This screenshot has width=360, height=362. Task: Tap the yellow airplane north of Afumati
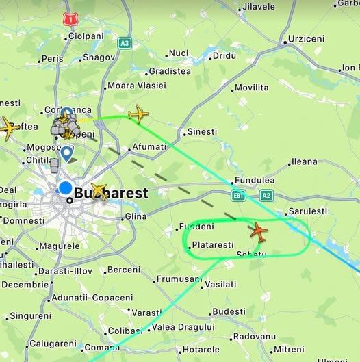tap(138, 114)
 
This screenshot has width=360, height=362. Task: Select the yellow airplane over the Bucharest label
tap(99, 192)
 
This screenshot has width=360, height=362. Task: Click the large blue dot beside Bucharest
tap(66, 188)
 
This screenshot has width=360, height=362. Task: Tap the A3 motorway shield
tap(124, 43)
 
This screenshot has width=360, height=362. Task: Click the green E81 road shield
tap(238, 196)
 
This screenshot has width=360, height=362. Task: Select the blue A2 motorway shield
tap(266, 196)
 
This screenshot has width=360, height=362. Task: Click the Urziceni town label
tap(306, 39)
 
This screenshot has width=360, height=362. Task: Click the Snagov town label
tap(99, 57)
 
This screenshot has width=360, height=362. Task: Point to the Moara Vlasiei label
tap(136, 86)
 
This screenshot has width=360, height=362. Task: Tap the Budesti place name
tap(229, 312)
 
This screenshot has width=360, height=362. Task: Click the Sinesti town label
tap(202, 131)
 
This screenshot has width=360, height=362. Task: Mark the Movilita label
tap(251, 88)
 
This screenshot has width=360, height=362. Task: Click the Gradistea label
tap(170, 70)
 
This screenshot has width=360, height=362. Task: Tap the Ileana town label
tap(305, 162)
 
